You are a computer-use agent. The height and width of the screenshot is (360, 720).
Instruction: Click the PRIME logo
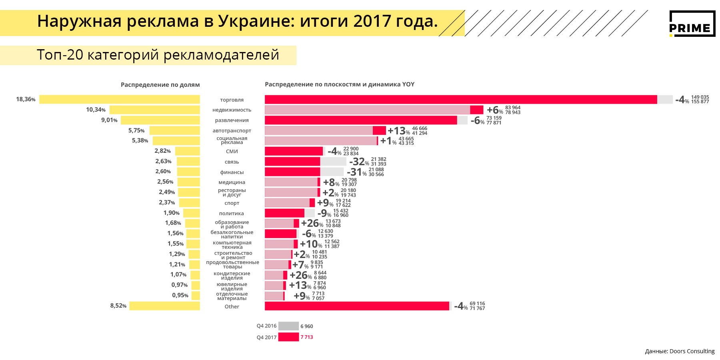692,24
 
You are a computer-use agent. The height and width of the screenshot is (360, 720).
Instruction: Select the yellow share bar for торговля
119,99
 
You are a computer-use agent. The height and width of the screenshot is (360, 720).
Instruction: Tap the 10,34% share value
96,110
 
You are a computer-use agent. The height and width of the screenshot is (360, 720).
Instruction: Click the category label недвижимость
232,110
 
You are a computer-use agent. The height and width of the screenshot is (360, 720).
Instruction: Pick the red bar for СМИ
294,151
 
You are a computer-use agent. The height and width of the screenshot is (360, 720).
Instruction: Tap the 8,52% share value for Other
118,306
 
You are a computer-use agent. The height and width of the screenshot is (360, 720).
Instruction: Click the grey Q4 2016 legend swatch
288,326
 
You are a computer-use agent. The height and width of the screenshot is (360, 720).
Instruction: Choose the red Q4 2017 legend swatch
288,337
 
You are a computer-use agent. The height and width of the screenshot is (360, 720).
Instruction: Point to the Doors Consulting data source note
680,351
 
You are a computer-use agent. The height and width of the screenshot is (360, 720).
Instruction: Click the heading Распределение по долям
160,85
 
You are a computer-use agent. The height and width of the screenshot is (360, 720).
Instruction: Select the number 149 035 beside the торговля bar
700,97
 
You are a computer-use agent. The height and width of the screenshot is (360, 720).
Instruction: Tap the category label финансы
232,172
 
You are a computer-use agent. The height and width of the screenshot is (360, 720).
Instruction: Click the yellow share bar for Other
164,306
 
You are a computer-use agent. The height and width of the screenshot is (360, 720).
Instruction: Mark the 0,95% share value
180,295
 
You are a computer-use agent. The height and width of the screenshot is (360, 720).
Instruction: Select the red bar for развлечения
360,120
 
